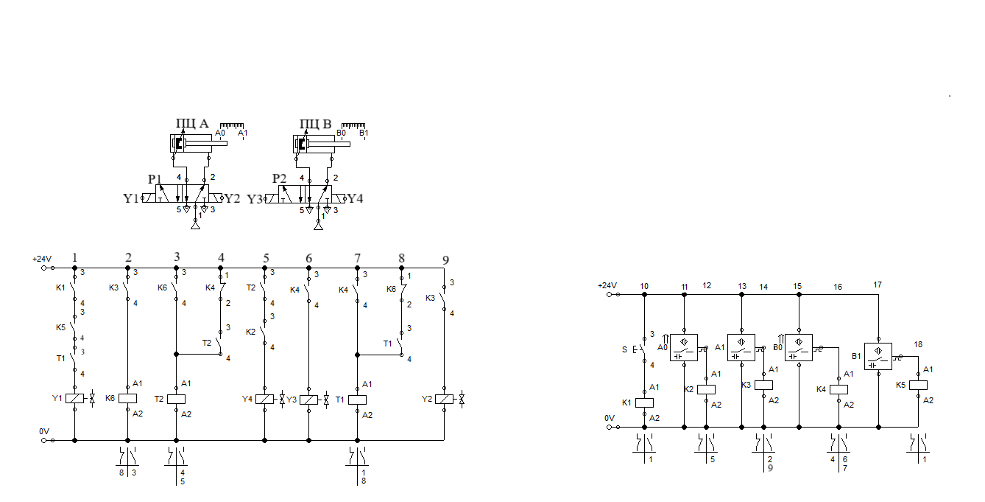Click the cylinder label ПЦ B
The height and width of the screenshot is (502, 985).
316,123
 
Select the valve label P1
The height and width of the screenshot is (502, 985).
154,179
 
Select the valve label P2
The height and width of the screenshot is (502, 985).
278,179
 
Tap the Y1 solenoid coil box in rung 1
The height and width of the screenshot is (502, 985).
75,399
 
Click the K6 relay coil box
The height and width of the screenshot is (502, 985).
128,399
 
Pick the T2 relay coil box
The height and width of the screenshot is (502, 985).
176,399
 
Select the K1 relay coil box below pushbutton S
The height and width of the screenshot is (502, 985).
644,402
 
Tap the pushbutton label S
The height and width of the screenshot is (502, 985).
625,349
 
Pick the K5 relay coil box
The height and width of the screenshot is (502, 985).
919,385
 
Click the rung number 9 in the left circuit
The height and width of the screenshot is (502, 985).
445,259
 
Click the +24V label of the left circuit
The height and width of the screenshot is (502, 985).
42,259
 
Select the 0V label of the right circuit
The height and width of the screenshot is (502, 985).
609,418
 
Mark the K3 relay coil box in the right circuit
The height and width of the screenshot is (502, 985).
764,385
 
